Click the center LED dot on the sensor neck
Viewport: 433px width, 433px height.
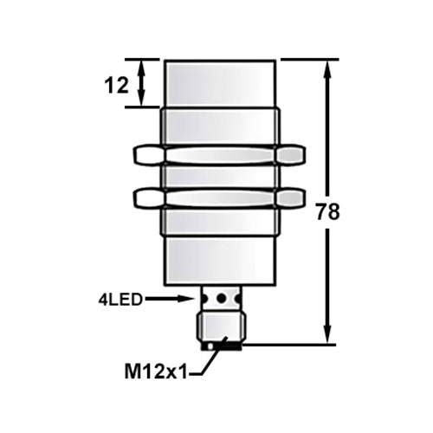[221, 299]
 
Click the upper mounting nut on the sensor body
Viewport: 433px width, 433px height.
[221, 156]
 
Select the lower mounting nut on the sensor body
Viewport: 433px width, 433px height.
[221, 198]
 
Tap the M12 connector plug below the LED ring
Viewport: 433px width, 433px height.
[221, 327]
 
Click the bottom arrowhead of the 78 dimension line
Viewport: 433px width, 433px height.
[327, 338]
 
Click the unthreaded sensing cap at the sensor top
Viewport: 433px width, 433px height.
[221, 83]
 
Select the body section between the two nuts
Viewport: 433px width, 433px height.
[221, 177]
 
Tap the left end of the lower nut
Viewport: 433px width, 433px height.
[146, 198]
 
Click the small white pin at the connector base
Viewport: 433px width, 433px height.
[210, 347]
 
